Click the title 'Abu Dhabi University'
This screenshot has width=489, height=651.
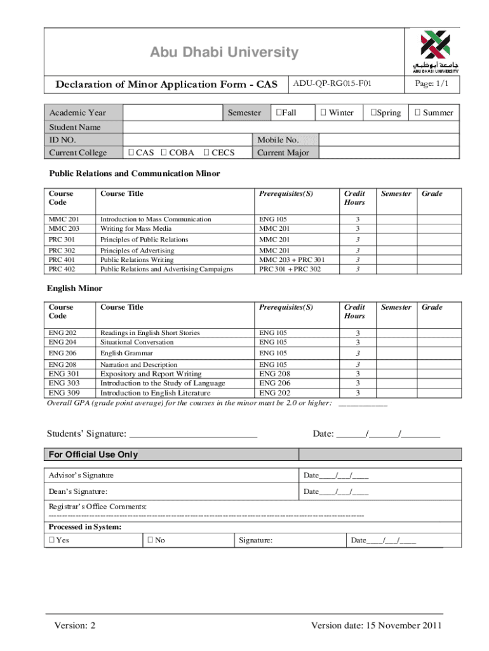click(x=224, y=52)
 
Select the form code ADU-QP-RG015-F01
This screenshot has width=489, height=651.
click(x=332, y=83)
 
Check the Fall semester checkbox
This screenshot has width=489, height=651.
click(x=278, y=113)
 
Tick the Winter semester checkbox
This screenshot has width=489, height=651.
click(x=324, y=113)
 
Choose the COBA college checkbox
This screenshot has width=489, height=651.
click(x=164, y=153)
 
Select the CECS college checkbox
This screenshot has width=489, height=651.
click(x=206, y=153)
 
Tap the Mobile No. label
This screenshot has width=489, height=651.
click(x=277, y=139)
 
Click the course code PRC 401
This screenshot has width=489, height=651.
click(x=60, y=259)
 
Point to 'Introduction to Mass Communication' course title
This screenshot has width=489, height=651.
click(x=156, y=219)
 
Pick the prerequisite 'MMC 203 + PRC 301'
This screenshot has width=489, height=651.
click(x=291, y=259)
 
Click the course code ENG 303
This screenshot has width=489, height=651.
click(x=64, y=383)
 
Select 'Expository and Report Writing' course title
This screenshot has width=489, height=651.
click(x=151, y=374)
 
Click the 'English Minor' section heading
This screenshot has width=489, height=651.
click(x=74, y=289)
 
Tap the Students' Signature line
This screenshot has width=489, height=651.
click(x=193, y=434)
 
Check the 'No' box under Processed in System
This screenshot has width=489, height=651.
click(x=150, y=540)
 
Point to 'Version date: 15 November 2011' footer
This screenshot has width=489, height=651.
click(x=376, y=626)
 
